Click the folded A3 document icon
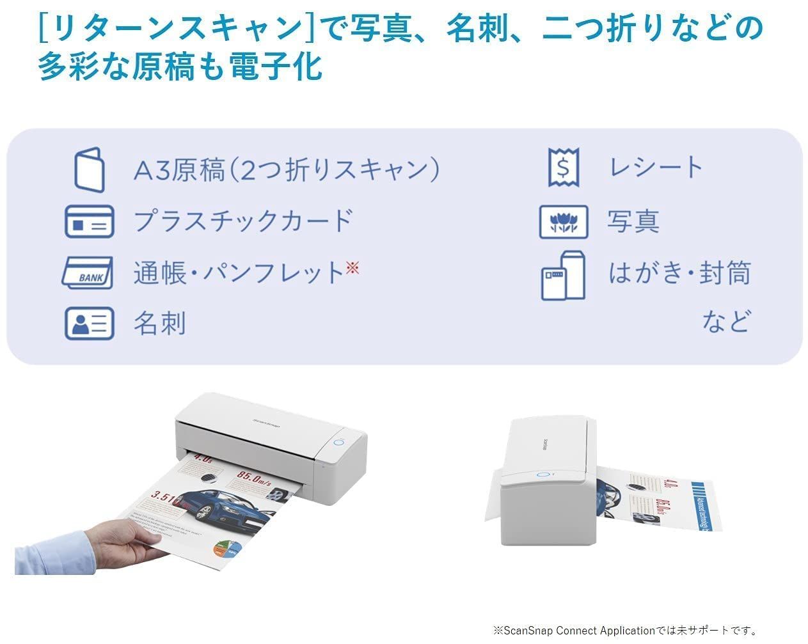coord(89,169)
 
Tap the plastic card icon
coord(89,221)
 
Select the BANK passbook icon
coord(88,273)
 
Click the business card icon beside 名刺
coord(89,323)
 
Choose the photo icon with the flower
coord(563,221)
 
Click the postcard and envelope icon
coord(563,275)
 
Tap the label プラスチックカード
coord(243,221)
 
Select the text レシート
coord(656,168)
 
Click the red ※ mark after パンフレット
coord(353,268)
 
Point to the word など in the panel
coord(725,321)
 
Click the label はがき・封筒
coord(679,273)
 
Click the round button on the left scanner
coord(339,443)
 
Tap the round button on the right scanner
coord(543,475)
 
